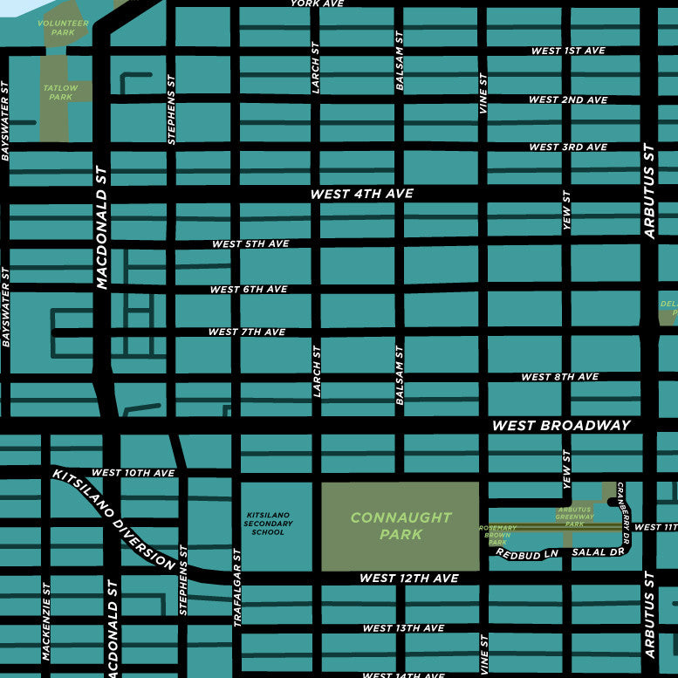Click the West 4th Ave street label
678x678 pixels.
click(x=362, y=194)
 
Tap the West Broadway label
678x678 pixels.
click(x=561, y=426)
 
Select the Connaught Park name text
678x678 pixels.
click(x=401, y=525)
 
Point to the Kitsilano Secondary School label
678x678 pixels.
click(x=268, y=524)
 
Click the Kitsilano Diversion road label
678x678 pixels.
click(x=114, y=519)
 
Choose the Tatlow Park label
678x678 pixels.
click(x=61, y=92)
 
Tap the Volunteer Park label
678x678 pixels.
click(x=63, y=27)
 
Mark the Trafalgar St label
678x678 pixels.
click(x=236, y=587)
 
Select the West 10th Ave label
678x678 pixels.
click(x=134, y=473)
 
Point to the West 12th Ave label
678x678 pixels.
click(x=409, y=579)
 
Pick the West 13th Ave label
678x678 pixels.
click(x=403, y=628)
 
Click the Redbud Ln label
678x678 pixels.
click(x=527, y=554)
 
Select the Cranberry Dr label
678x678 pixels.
click(x=623, y=507)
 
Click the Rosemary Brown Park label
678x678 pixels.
click(x=498, y=535)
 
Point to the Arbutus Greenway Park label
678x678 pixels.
click(x=575, y=517)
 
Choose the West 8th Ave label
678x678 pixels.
click(x=559, y=377)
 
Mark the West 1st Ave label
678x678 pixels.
click(x=568, y=51)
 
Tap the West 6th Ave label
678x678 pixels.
click(x=249, y=289)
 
